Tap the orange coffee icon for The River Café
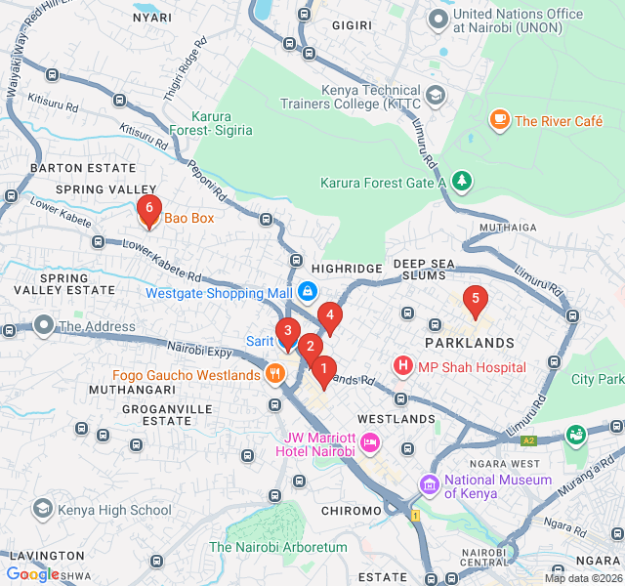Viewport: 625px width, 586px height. (x=499, y=120)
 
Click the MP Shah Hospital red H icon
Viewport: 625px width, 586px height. (x=402, y=366)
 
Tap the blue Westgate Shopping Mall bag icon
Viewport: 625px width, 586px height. (x=308, y=292)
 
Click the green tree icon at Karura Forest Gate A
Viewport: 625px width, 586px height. (x=461, y=182)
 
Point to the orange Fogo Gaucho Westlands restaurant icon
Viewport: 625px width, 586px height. (x=276, y=374)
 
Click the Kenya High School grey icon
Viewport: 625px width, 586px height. (x=43, y=509)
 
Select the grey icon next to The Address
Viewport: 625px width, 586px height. (x=43, y=325)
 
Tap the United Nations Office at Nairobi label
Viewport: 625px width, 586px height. (x=518, y=21)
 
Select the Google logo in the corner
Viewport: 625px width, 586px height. (x=32, y=574)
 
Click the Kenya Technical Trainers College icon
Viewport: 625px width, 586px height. (x=436, y=96)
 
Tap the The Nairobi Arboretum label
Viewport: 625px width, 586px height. (x=278, y=547)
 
